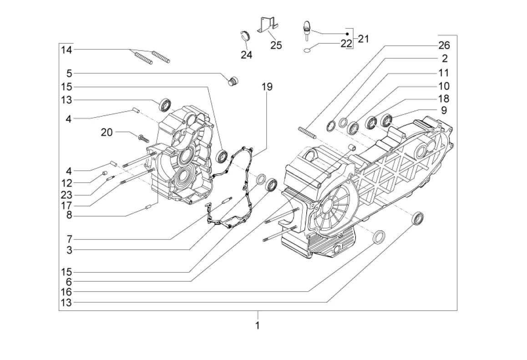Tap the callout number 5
pyautogui.click(x=69, y=73)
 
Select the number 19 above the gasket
pyautogui.click(x=267, y=86)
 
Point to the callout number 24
pyautogui.click(x=246, y=55)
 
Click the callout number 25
pyautogui.click(x=276, y=45)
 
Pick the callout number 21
pyautogui.click(x=363, y=39)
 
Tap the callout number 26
pyautogui.click(x=444, y=45)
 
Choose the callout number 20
pyautogui.click(x=106, y=132)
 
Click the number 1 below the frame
pyautogui.click(x=257, y=325)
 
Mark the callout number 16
pyautogui.click(x=66, y=292)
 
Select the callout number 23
pyautogui.click(x=66, y=195)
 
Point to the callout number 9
pyautogui.click(x=444, y=110)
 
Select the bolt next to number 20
pyautogui.click(x=142, y=136)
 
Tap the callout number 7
pyautogui.click(x=69, y=238)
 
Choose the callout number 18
pyautogui.click(x=444, y=98)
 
